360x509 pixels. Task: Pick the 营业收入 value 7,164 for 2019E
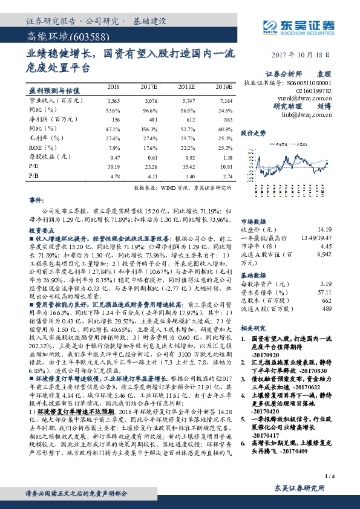[224, 101]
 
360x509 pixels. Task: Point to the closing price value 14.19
[324, 229]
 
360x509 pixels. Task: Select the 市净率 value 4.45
[326, 246]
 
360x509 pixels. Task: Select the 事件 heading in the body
[36, 199]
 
